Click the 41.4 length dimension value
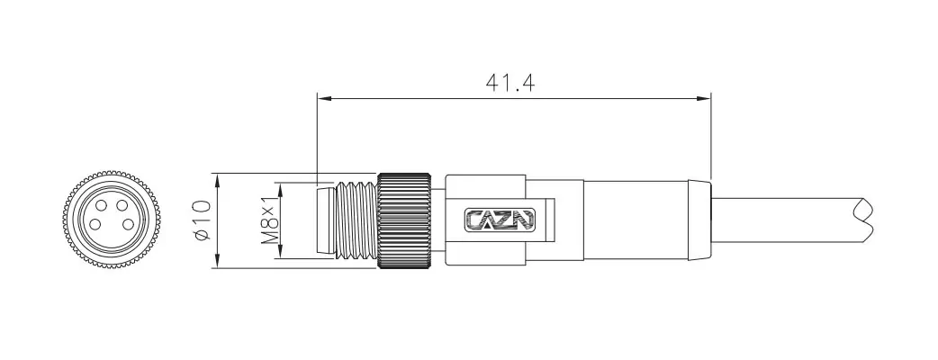pyautogui.click(x=510, y=84)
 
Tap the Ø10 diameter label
pyautogui.click(x=203, y=220)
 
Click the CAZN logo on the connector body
pyautogui.click(x=501, y=220)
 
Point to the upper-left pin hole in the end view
pyautogui.click(x=101, y=206)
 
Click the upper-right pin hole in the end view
pyautogui.click(x=122, y=206)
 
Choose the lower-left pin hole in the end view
pyautogui.click(x=95, y=225)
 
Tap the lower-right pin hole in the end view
pyautogui.click(x=128, y=224)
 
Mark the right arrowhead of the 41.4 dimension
pyautogui.click(x=704, y=98)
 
